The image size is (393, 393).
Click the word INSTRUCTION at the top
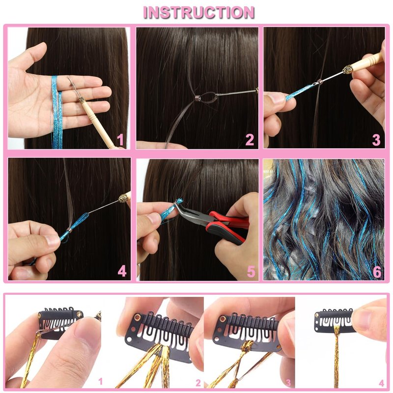[x=199, y=12]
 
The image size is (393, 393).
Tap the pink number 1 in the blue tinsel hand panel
[x=120, y=140]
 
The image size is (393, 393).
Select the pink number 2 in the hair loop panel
[x=250, y=140]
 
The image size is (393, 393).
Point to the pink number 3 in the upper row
[x=376, y=140]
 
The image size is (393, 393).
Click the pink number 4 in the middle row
[x=122, y=271]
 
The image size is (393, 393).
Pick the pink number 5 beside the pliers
[x=251, y=272]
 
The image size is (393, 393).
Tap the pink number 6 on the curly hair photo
[x=377, y=272]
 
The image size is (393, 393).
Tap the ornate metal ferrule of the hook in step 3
[x=347, y=69]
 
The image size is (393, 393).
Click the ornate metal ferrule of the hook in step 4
[x=123, y=198]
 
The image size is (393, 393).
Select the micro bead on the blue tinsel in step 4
[x=70, y=229]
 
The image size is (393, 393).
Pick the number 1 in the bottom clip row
[x=101, y=381]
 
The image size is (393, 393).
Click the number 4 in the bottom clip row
[x=382, y=383]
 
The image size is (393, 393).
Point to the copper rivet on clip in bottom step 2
[x=138, y=317]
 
